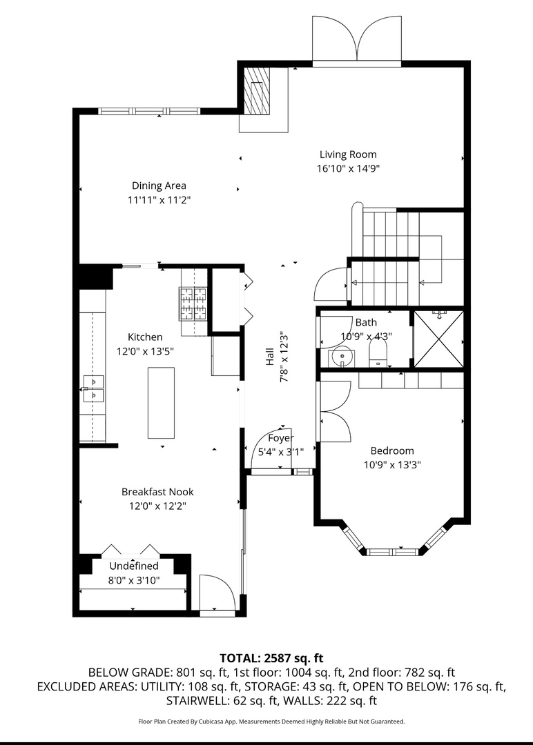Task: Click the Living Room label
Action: pos(348,155)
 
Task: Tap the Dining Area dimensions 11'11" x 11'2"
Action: pos(159,200)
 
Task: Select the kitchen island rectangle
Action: pos(161,402)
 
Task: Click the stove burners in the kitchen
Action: pos(193,303)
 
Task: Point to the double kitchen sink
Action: pos(94,388)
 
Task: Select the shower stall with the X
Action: pos(439,338)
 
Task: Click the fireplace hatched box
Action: pos(257,90)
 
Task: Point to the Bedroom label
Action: pos(392,450)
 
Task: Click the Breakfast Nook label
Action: pos(157,492)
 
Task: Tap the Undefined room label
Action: pos(134,566)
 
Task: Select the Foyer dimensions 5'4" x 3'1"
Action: pos(280,452)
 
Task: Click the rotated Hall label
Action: pos(269,357)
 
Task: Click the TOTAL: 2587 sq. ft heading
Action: pos(271,658)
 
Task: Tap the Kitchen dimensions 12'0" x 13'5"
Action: pos(145,352)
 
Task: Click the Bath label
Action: pos(366,322)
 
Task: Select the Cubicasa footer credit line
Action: pos(271,722)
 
